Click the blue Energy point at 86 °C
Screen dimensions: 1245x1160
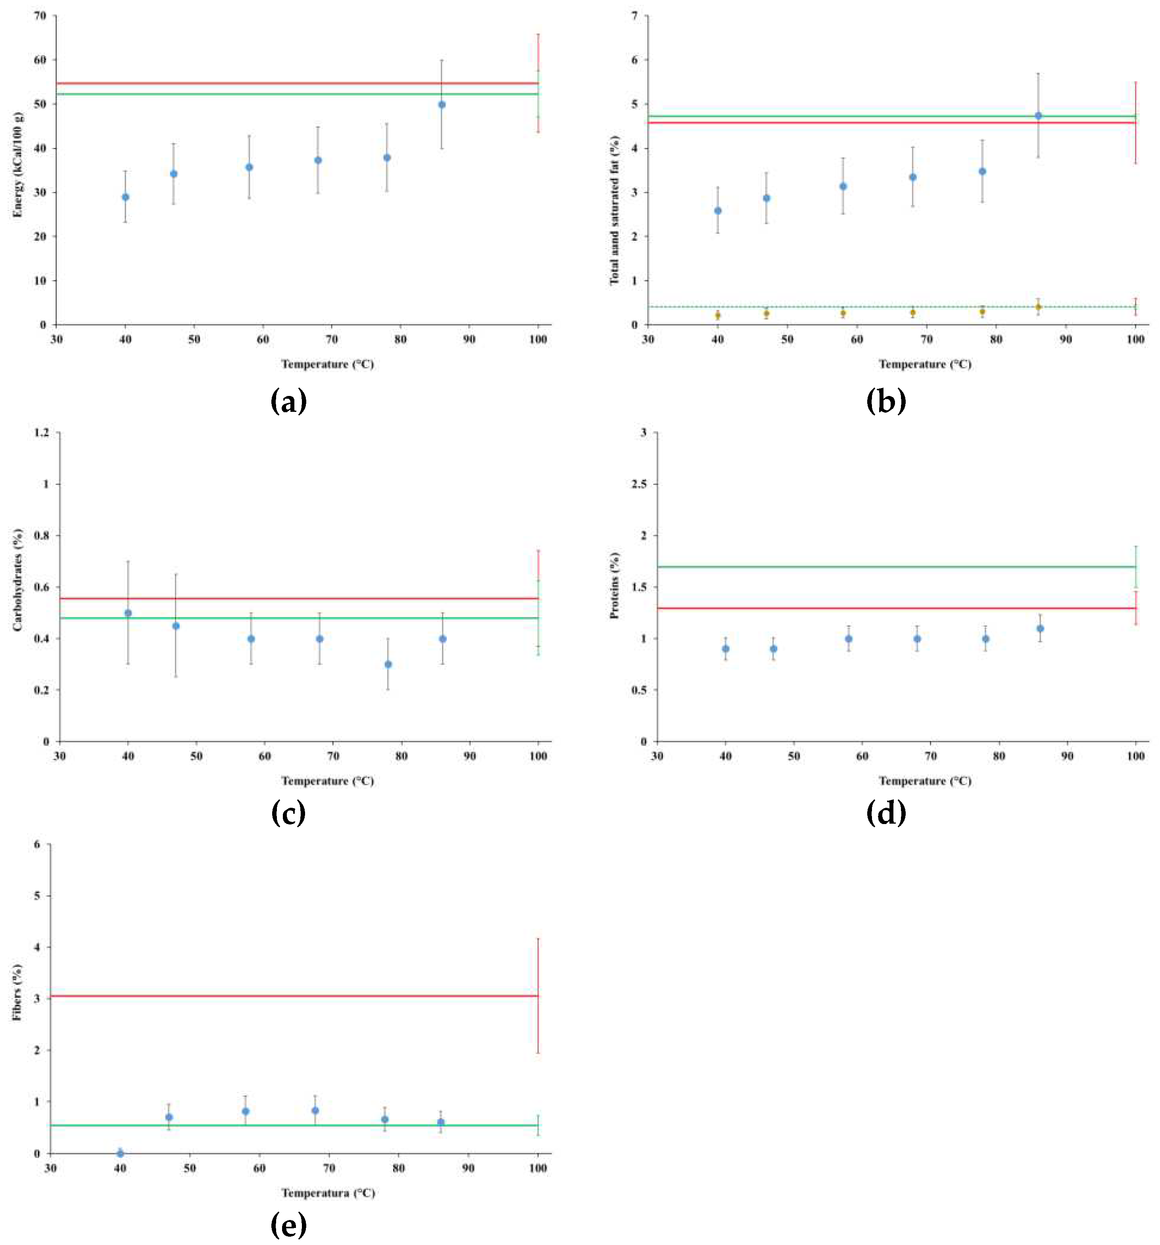click(442, 105)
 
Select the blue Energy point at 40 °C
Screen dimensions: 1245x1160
click(125, 197)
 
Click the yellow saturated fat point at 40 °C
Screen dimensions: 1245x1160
click(718, 315)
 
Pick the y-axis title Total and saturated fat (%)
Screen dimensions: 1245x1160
click(615, 210)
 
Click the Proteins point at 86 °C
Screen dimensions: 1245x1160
click(1040, 628)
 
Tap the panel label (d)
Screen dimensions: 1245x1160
click(885, 813)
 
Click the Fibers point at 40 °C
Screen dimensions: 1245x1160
click(120, 1153)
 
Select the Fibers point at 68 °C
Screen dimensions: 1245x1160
click(315, 1111)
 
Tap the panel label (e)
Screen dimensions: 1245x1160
click(289, 1224)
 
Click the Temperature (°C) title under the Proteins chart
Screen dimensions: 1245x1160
click(924, 781)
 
